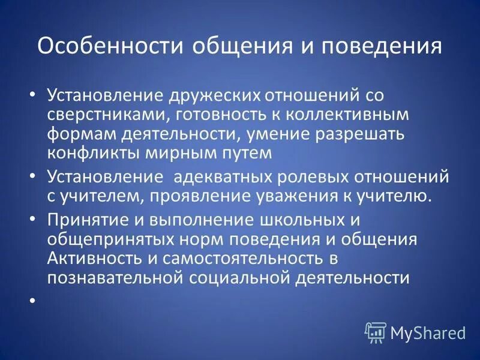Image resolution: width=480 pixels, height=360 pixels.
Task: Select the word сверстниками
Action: (101, 115)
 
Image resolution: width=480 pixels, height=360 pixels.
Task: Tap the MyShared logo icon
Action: (375, 332)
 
